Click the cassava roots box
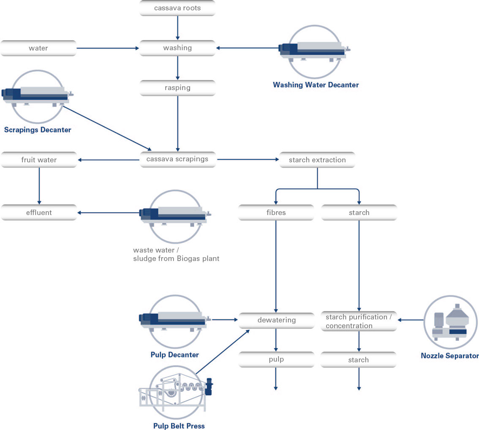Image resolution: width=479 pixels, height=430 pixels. pyautogui.click(x=177, y=8)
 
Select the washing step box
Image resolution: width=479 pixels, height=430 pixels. pyautogui.click(x=177, y=48)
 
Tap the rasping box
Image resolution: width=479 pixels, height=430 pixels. pyautogui.click(x=177, y=88)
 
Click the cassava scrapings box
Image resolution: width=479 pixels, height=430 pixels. pyautogui.click(x=177, y=159)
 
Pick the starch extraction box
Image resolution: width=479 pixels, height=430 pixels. pyautogui.click(x=317, y=160)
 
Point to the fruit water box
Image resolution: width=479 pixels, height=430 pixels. pyautogui.click(x=39, y=160)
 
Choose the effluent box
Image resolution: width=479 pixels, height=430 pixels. pyautogui.click(x=39, y=212)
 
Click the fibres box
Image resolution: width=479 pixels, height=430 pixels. pyautogui.click(x=276, y=212)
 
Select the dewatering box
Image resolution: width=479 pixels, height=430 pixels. pyautogui.click(x=277, y=320)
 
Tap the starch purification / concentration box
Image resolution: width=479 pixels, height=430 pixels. pyautogui.click(x=359, y=321)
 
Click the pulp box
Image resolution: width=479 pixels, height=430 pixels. pyautogui.click(x=277, y=359)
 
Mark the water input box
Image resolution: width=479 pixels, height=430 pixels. pyautogui.click(x=38, y=48)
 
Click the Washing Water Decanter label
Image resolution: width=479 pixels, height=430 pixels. pyautogui.click(x=316, y=85)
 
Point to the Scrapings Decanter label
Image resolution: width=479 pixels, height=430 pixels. pyautogui.click(x=38, y=130)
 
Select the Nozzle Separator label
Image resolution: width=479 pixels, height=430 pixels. pyautogui.click(x=450, y=356)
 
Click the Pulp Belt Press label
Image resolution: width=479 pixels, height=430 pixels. pyautogui.click(x=179, y=426)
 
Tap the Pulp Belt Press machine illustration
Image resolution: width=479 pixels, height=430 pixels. pyautogui.click(x=176, y=392)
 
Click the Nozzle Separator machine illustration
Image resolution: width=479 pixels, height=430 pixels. pyautogui.click(x=451, y=322)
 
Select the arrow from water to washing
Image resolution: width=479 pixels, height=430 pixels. pyautogui.click(x=108, y=48)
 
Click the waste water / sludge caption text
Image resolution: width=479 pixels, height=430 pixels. pyautogui.click(x=176, y=254)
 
